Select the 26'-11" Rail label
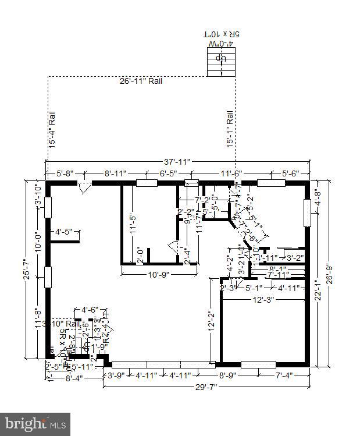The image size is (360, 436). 141,81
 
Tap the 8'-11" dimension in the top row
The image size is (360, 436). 115,173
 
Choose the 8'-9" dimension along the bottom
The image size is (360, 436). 227,375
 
